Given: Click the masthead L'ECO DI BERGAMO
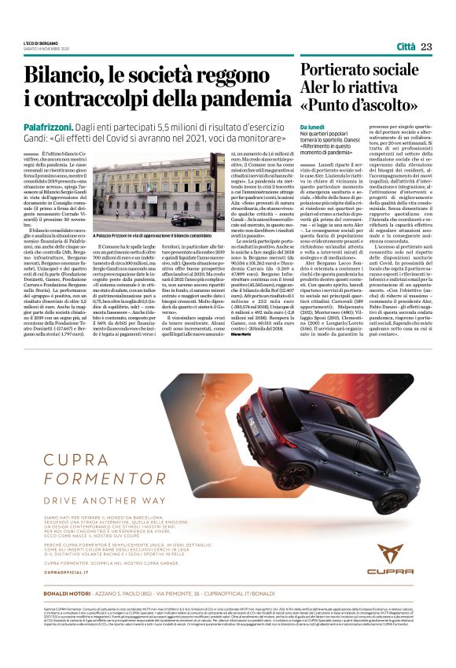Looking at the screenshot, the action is pyautogui.click(x=41, y=42).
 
